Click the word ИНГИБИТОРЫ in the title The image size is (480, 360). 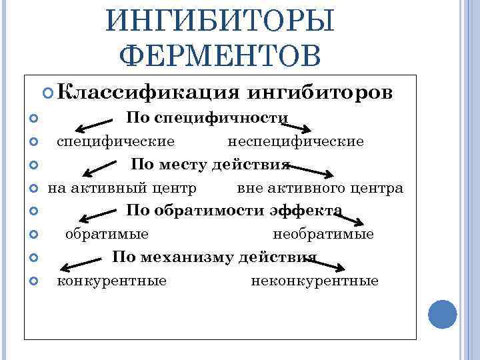pyautogui.click(x=220, y=22)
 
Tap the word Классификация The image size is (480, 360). pyautogui.click(x=153, y=91)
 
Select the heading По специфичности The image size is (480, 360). pyautogui.click(x=207, y=118)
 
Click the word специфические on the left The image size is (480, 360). pyautogui.click(x=116, y=141)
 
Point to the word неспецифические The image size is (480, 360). pyautogui.click(x=295, y=141)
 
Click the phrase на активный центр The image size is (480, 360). pyautogui.click(x=122, y=188)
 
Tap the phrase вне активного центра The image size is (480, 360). pyautogui.click(x=320, y=188)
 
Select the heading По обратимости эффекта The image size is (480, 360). pyautogui.click(x=234, y=211)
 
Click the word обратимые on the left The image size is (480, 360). pyautogui.click(x=107, y=234)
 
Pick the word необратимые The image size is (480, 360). pyautogui.click(x=323, y=234)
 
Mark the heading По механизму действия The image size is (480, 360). pyautogui.click(x=214, y=257)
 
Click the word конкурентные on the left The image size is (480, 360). pyautogui.click(x=112, y=281)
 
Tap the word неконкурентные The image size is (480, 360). pyautogui.click(x=315, y=281)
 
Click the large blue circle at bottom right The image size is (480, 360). pyautogui.click(x=441, y=314)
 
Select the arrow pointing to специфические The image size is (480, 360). pyautogui.click(x=93, y=125)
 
